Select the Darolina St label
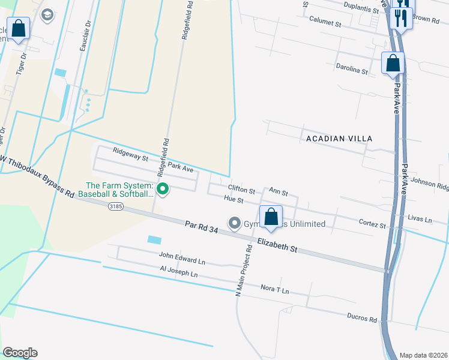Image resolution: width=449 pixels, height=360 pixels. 352,70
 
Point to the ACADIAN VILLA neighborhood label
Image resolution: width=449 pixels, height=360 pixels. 339,139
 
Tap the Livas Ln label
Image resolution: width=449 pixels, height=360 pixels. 420,220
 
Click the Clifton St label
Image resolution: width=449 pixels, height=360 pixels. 242,188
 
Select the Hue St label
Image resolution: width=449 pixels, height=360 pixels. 233,199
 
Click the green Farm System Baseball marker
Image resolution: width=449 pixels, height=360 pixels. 162,190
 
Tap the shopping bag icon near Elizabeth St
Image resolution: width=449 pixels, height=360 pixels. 271,217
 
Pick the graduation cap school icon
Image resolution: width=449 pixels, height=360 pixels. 47,14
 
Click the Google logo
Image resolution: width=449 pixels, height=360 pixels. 20,353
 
